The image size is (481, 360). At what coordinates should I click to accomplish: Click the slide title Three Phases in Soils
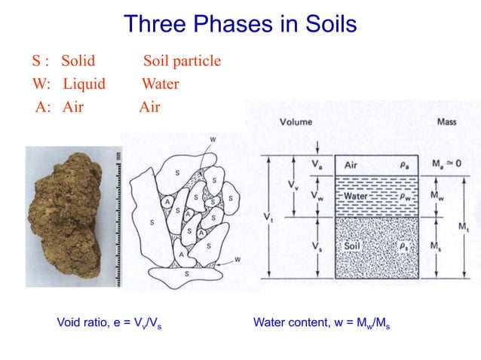(240, 24)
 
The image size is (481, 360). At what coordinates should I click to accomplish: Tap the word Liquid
(84, 84)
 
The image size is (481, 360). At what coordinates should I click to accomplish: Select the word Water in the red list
(160, 84)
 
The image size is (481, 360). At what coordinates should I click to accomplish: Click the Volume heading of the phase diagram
(297, 122)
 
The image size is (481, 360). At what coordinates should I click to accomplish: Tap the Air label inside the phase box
(352, 165)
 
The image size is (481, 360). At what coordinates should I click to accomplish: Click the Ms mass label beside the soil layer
(436, 246)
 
